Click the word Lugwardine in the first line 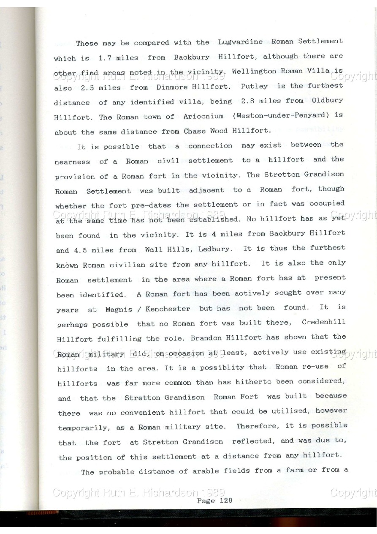(240, 42)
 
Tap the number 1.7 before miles (106, 58)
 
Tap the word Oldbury (327, 101)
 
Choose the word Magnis (118, 309)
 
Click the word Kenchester (168, 309)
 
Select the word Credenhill (323, 322)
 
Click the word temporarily (83, 428)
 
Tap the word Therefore (255, 426)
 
